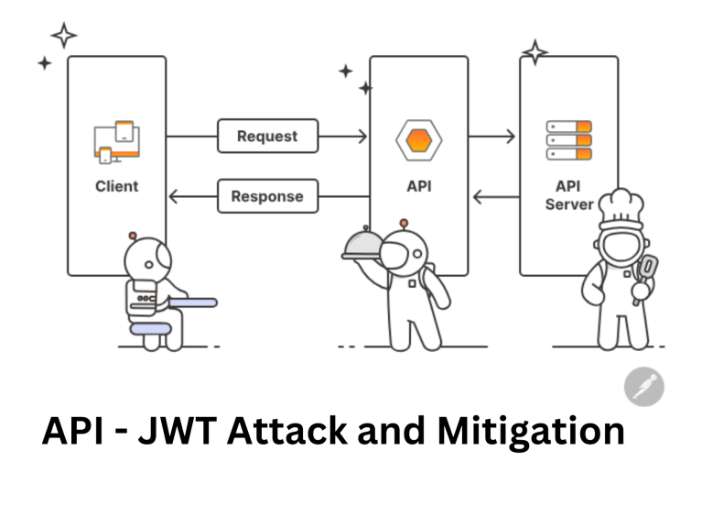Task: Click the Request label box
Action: (x=267, y=137)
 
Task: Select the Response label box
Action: (x=267, y=196)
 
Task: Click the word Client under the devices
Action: (x=116, y=186)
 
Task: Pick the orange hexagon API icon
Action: (x=418, y=141)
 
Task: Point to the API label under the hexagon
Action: (x=418, y=186)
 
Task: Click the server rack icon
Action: (x=568, y=140)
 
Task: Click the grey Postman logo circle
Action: (x=643, y=386)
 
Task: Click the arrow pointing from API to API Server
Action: (x=492, y=137)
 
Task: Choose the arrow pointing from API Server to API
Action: (x=492, y=196)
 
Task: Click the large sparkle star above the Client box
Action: (x=64, y=35)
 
